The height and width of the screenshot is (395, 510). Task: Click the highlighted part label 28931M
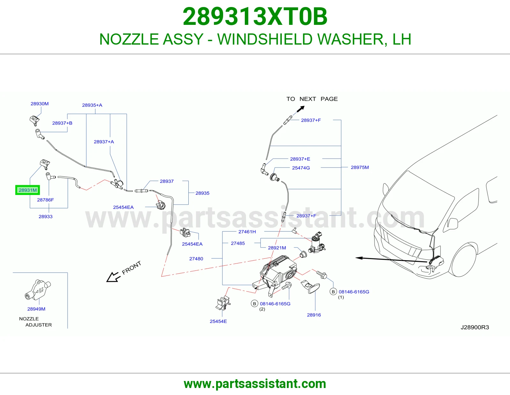28,190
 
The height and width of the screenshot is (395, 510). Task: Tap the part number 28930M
40,104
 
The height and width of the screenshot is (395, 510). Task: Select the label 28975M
360,167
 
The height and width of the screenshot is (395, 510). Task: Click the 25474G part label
301,168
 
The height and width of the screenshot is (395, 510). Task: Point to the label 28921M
277,248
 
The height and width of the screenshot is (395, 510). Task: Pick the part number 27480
196,258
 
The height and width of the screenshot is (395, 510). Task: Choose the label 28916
314,315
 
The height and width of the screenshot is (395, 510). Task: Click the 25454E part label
218,321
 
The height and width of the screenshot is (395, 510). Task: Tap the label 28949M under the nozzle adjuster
36,309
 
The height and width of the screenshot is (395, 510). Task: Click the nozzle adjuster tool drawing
38,290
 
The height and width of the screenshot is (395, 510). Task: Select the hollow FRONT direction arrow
113,277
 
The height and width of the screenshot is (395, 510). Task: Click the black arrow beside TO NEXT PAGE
300,109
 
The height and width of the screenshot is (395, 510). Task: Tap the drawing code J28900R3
475,327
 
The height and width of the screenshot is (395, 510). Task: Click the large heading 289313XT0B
255,17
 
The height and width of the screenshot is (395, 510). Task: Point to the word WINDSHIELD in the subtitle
265,39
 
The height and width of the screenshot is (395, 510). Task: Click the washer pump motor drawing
317,243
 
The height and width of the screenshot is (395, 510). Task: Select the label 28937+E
300,159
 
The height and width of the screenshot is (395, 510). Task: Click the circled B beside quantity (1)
333,291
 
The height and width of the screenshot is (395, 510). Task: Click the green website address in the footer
255,384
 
